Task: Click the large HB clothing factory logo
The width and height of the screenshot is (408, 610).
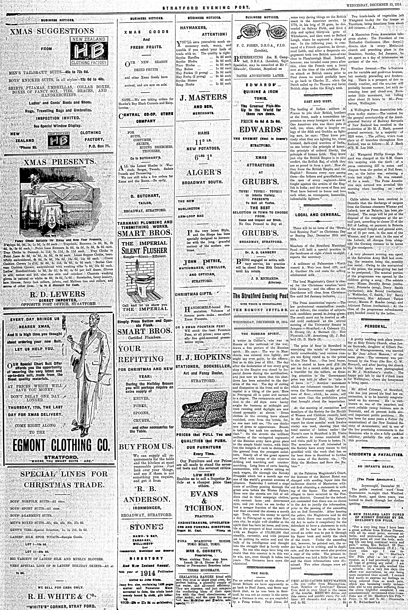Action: click(88, 50)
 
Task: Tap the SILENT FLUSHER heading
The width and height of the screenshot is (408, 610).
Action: click(144, 251)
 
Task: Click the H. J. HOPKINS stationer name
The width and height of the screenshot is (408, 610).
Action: click(203, 357)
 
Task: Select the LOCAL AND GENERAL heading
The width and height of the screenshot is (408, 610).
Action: click(318, 215)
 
